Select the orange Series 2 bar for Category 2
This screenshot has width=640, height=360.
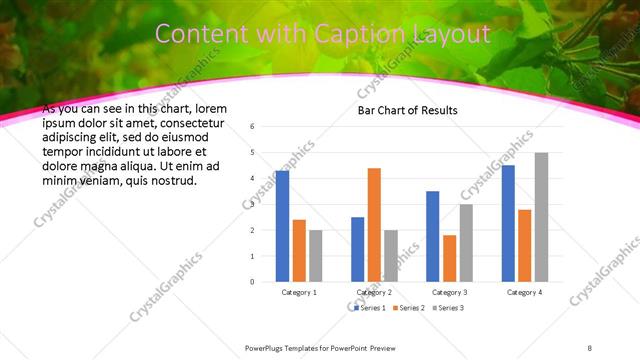[x=374, y=225]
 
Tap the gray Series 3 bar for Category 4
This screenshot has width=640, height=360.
[x=541, y=217]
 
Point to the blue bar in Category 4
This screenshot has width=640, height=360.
[x=508, y=223]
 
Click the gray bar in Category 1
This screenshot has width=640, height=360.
[x=315, y=256]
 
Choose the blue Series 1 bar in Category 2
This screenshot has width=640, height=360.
[x=358, y=249]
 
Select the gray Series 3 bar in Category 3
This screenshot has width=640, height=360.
[x=466, y=243]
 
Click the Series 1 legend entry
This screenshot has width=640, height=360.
[x=370, y=307]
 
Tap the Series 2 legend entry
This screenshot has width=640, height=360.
[x=409, y=307]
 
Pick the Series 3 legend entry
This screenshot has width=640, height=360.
[x=447, y=307]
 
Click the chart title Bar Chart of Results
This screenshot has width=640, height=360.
[x=407, y=110]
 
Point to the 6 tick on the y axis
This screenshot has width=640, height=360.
[x=253, y=127]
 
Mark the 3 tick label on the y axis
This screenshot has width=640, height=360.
[x=253, y=204]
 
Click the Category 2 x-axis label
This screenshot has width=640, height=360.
[x=374, y=292]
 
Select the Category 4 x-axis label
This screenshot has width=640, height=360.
[x=524, y=292]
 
